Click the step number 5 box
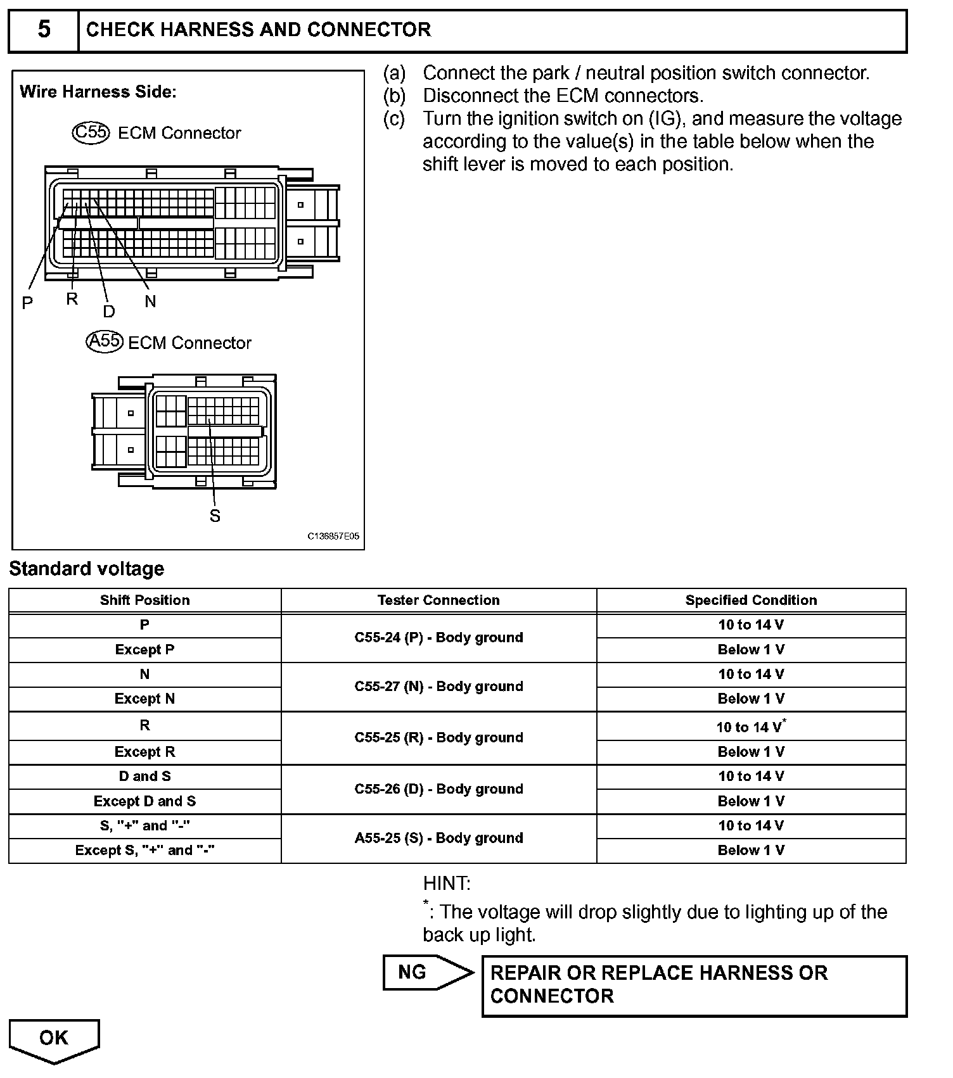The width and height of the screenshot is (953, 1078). pyautogui.click(x=43, y=30)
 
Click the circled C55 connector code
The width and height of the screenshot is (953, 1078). pyautogui.click(x=91, y=132)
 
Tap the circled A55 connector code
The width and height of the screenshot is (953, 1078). pyautogui.click(x=103, y=341)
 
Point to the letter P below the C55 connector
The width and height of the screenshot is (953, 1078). pyautogui.click(x=27, y=303)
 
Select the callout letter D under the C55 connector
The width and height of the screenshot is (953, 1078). pyautogui.click(x=109, y=311)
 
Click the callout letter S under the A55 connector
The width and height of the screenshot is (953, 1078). pyautogui.click(x=215, y=516)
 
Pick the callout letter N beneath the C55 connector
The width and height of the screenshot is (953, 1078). pyautogui.click(x=150, y=301)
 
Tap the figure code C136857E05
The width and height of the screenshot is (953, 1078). pyautogui.click(x=333, y=536)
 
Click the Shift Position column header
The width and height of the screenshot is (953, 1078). pyautogui.click(x=144, y=600)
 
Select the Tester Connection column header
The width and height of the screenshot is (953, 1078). pyautogui.click(x=438, y=600)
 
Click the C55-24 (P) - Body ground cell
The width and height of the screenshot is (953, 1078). pyautogui.click(x=438, y=637)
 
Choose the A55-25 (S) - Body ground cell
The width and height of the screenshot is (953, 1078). pyautogui.click(x=438, y=838)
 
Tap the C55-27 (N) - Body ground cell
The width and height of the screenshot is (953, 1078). pyautogui.click(x=438, y=687)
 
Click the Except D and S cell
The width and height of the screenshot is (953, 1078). pyautogui.click(x=144, y=801)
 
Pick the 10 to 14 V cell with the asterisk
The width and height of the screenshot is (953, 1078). pyautogui.click(x=751, y=726)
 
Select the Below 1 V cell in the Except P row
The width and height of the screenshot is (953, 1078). pyautogui.click(x=751, y=650)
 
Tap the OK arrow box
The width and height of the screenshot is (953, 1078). pyautogui.click(x=54, y=1039)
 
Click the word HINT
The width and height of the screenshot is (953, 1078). pyautogui.click(x=447, y=883)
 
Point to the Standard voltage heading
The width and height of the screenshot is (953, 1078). pyautogui.click(x=87, y=569)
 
